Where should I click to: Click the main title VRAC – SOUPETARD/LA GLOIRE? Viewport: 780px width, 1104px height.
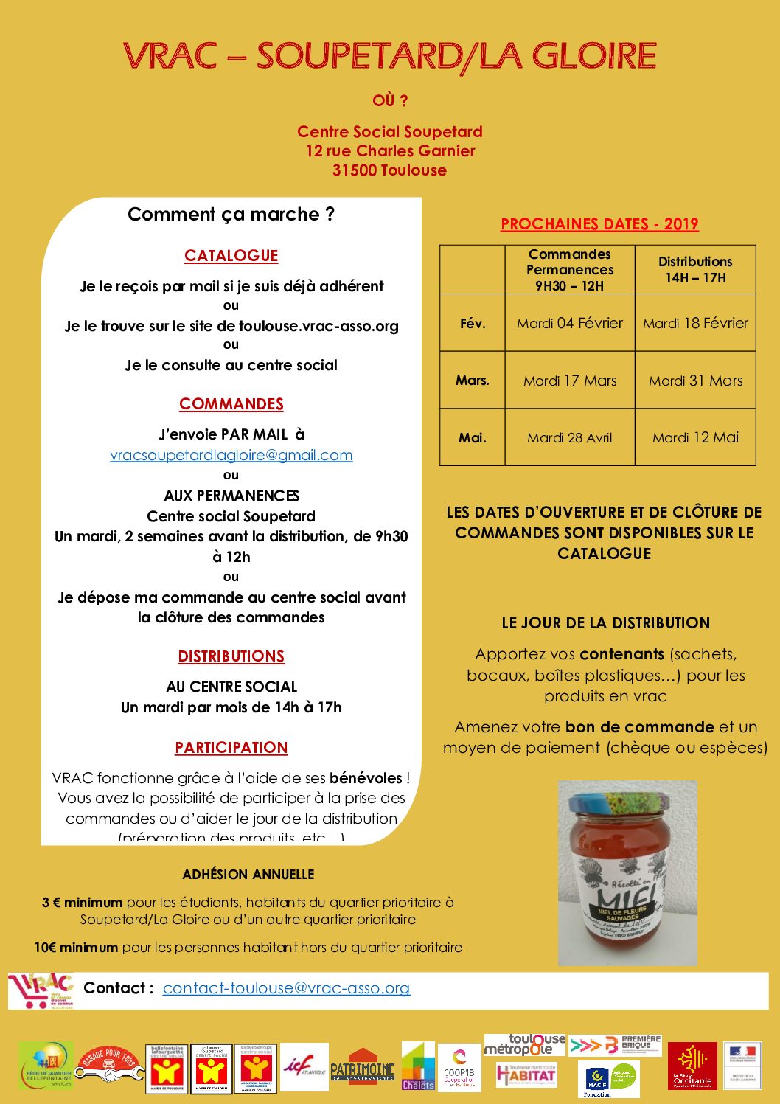point(389,56)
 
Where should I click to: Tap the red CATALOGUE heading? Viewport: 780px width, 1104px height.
point(231,256)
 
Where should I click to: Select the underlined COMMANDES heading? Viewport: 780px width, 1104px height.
point(231,404)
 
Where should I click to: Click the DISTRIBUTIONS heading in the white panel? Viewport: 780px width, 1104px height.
point(231,656)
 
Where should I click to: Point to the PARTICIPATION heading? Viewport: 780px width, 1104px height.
point(231,748)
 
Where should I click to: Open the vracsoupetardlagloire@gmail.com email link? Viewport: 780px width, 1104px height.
point(231,455)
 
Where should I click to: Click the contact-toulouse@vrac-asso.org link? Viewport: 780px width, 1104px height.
point(286,988)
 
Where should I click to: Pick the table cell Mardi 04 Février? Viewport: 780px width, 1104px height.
point(569,323)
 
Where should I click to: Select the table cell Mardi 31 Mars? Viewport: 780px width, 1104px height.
point(695,381)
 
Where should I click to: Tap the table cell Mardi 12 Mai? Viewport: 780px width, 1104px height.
point(695,437)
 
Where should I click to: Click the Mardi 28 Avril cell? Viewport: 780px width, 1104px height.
point(569,437)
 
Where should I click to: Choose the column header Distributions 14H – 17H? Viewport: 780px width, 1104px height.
point(695,269)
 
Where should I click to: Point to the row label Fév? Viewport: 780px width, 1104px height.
point(472,323)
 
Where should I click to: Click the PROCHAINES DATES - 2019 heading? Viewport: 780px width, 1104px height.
point(599,224)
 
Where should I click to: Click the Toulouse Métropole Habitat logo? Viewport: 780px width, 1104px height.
point(526,1074)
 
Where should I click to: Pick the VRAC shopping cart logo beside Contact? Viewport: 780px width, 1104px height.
point(41,990)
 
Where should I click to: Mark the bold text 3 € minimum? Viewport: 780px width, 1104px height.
point(82,902)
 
